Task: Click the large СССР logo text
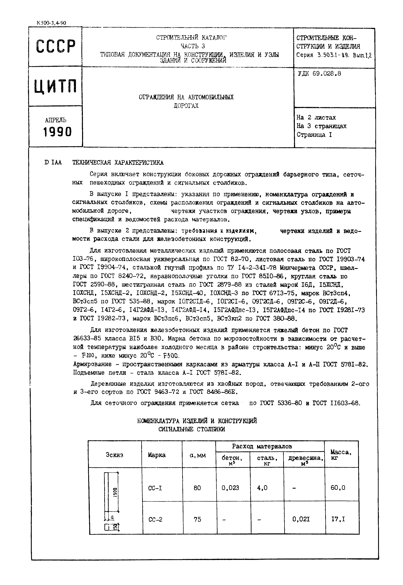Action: click(x=56, y=46)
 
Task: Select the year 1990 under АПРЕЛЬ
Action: click(x=57, y=132)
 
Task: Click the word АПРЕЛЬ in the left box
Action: click(x=56, y=120)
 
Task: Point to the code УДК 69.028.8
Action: click(x=319, y=74)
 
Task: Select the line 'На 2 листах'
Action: click(x=316, y=118)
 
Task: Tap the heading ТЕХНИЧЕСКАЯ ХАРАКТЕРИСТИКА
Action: click(x=118, y=162)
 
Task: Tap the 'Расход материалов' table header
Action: click(x=262, y=446)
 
